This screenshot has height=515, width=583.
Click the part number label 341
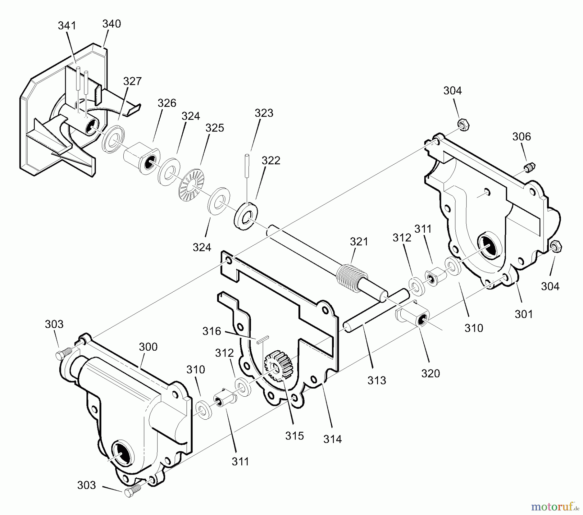[x=67, y=26]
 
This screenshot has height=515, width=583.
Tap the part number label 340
[x=111, y=24]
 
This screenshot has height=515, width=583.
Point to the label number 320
[x=430, y=373]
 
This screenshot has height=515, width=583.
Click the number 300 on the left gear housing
[x=148, y=347]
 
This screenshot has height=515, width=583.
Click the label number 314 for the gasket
[x=332, y=439]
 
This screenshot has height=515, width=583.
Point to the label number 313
[x=377, y=380]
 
